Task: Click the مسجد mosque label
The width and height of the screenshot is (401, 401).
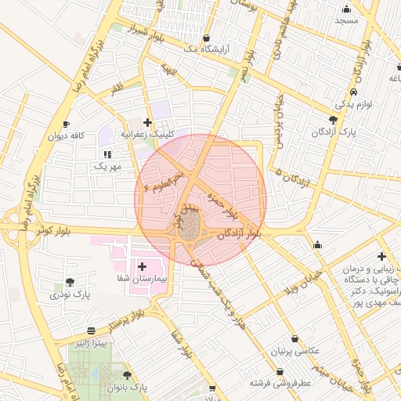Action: click(x=345, y=20)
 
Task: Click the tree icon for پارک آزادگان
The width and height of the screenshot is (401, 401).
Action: click(x=334, y=120)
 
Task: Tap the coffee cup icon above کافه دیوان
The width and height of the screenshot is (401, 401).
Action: click(x=66, y=124)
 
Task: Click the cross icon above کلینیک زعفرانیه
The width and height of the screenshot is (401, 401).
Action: click(x=147, y=122)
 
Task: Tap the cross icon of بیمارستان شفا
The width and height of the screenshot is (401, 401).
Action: click(x=142, y=267)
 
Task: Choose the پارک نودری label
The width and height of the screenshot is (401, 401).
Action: click(x=70, y=295)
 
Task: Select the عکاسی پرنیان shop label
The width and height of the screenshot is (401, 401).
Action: click(x=294, y=352)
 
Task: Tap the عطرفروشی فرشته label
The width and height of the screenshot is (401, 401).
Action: click(x=280, y=383)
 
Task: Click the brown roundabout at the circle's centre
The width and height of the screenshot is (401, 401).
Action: click(x=189, y=230)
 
